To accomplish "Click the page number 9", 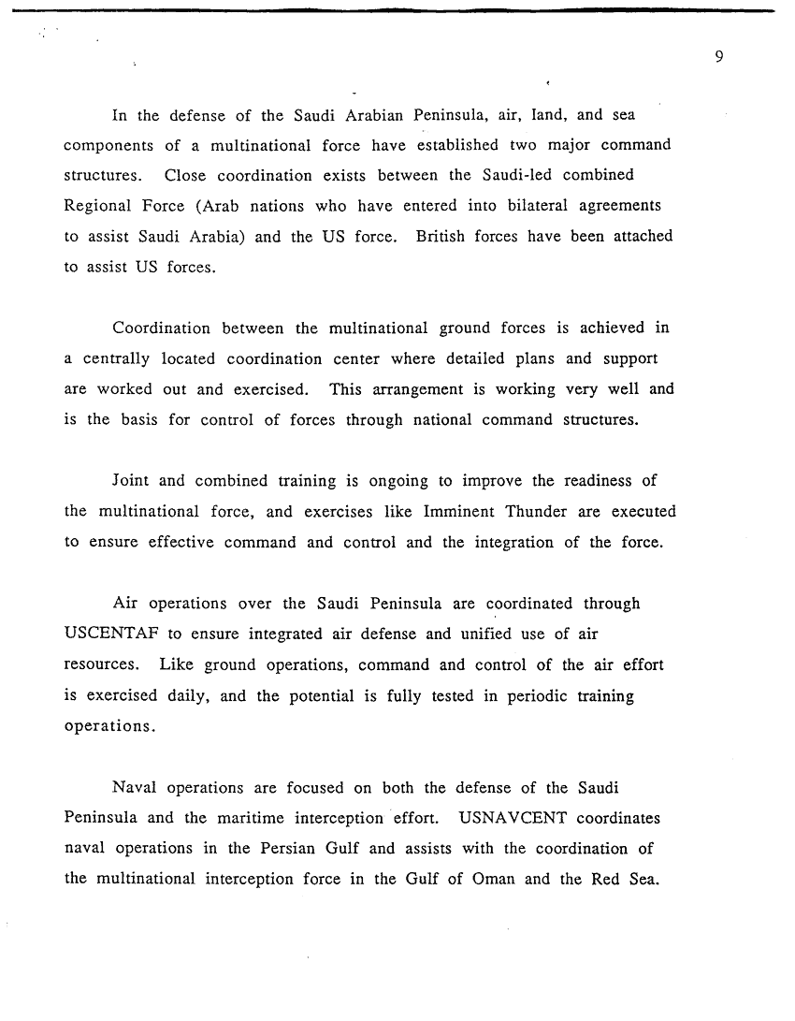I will click(x=718, y=57).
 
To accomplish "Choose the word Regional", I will click(x=99, y=205).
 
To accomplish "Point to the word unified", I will click(x=488, y=634).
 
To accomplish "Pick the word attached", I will click(x=642, y=236).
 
